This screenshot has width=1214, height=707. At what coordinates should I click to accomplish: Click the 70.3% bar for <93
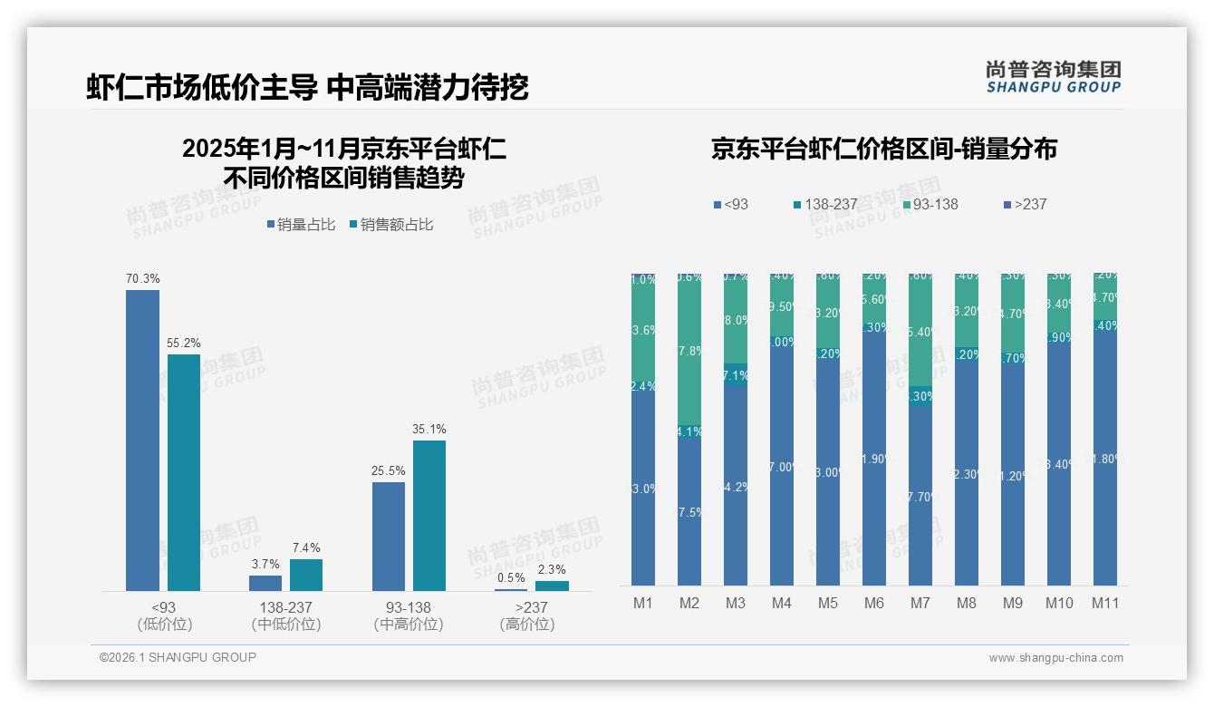pos(142,441)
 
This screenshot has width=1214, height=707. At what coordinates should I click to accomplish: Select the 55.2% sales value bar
pos(184,472)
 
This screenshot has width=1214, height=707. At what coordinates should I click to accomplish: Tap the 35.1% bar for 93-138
pos(429,516)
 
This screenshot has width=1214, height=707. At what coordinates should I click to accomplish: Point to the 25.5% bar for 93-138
pos(389,537)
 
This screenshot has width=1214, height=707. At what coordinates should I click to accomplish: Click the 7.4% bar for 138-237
pos(306,575)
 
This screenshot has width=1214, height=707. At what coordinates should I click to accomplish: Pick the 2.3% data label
pos(551,569)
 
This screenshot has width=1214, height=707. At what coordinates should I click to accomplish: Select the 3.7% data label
pos(265,564)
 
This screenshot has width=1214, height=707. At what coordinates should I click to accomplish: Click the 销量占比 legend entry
pos(301,225)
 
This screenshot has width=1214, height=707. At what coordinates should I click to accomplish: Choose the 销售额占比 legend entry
pos(390,225)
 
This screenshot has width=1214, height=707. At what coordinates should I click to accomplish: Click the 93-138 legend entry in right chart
pos(930,204)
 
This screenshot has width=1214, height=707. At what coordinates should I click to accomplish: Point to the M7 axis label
pos(920,603)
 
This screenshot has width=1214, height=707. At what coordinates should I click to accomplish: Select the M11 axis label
pos(1104,603)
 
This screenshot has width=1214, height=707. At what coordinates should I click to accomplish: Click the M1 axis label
pos(642,603)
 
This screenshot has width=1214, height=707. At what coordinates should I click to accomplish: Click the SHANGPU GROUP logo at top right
pos(1053,76)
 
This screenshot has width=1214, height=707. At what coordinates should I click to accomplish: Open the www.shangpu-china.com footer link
pos(1055,658)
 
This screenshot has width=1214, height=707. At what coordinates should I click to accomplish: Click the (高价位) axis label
pos(526,625)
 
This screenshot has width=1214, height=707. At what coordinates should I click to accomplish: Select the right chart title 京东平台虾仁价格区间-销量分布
pos(883,150)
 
